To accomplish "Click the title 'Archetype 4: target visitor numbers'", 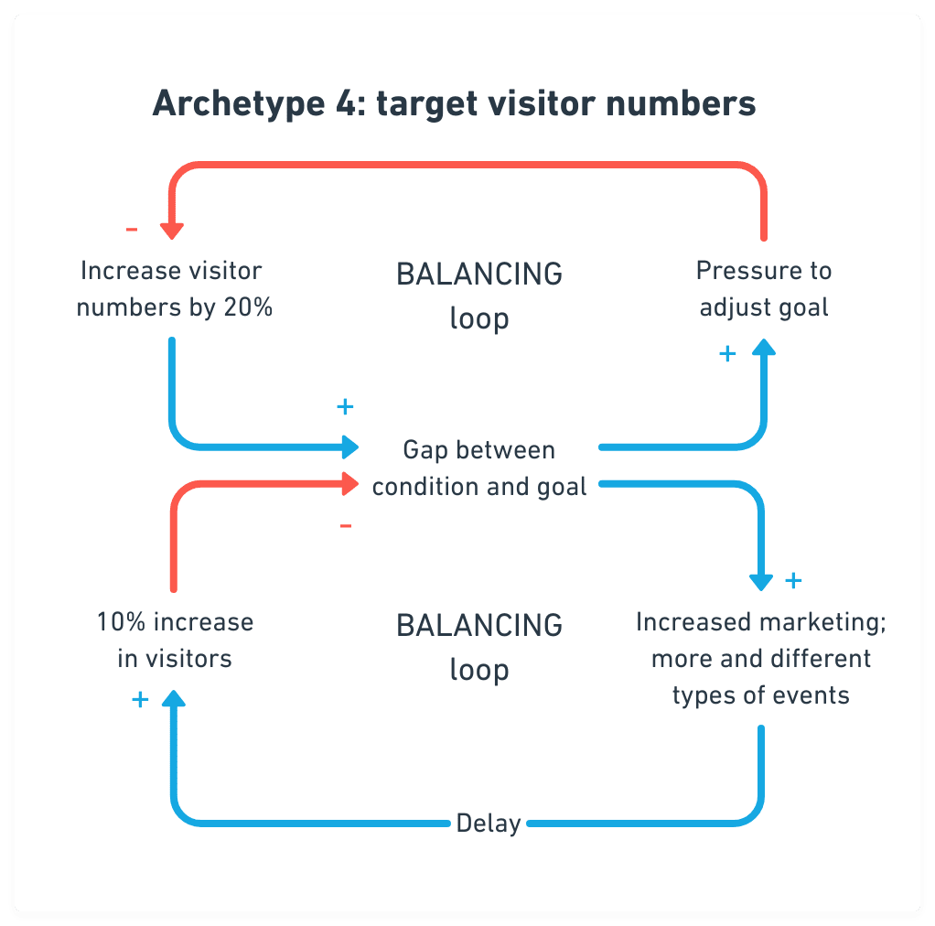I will (454, 103).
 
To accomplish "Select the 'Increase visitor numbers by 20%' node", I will (174, 289).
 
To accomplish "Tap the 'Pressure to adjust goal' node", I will (764, 289).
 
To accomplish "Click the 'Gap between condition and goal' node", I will (479, 468).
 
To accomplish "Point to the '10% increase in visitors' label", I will (175, 640).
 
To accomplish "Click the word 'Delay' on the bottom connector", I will (489, 823).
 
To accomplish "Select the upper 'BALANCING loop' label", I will (479, 296).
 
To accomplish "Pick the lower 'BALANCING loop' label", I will (479, 647).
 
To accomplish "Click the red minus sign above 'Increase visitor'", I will (132, 228).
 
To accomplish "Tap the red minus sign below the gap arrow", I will (346, 525).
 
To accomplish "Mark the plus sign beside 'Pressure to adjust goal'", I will (727, 354).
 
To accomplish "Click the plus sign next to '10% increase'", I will (140, 700).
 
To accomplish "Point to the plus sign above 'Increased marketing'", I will (793, 579).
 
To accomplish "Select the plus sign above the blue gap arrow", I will (345, 406).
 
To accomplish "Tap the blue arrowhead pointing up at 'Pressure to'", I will (764, 346).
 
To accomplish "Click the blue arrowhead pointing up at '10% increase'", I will (173, 698).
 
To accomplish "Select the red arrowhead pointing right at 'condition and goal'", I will (349, 482).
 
